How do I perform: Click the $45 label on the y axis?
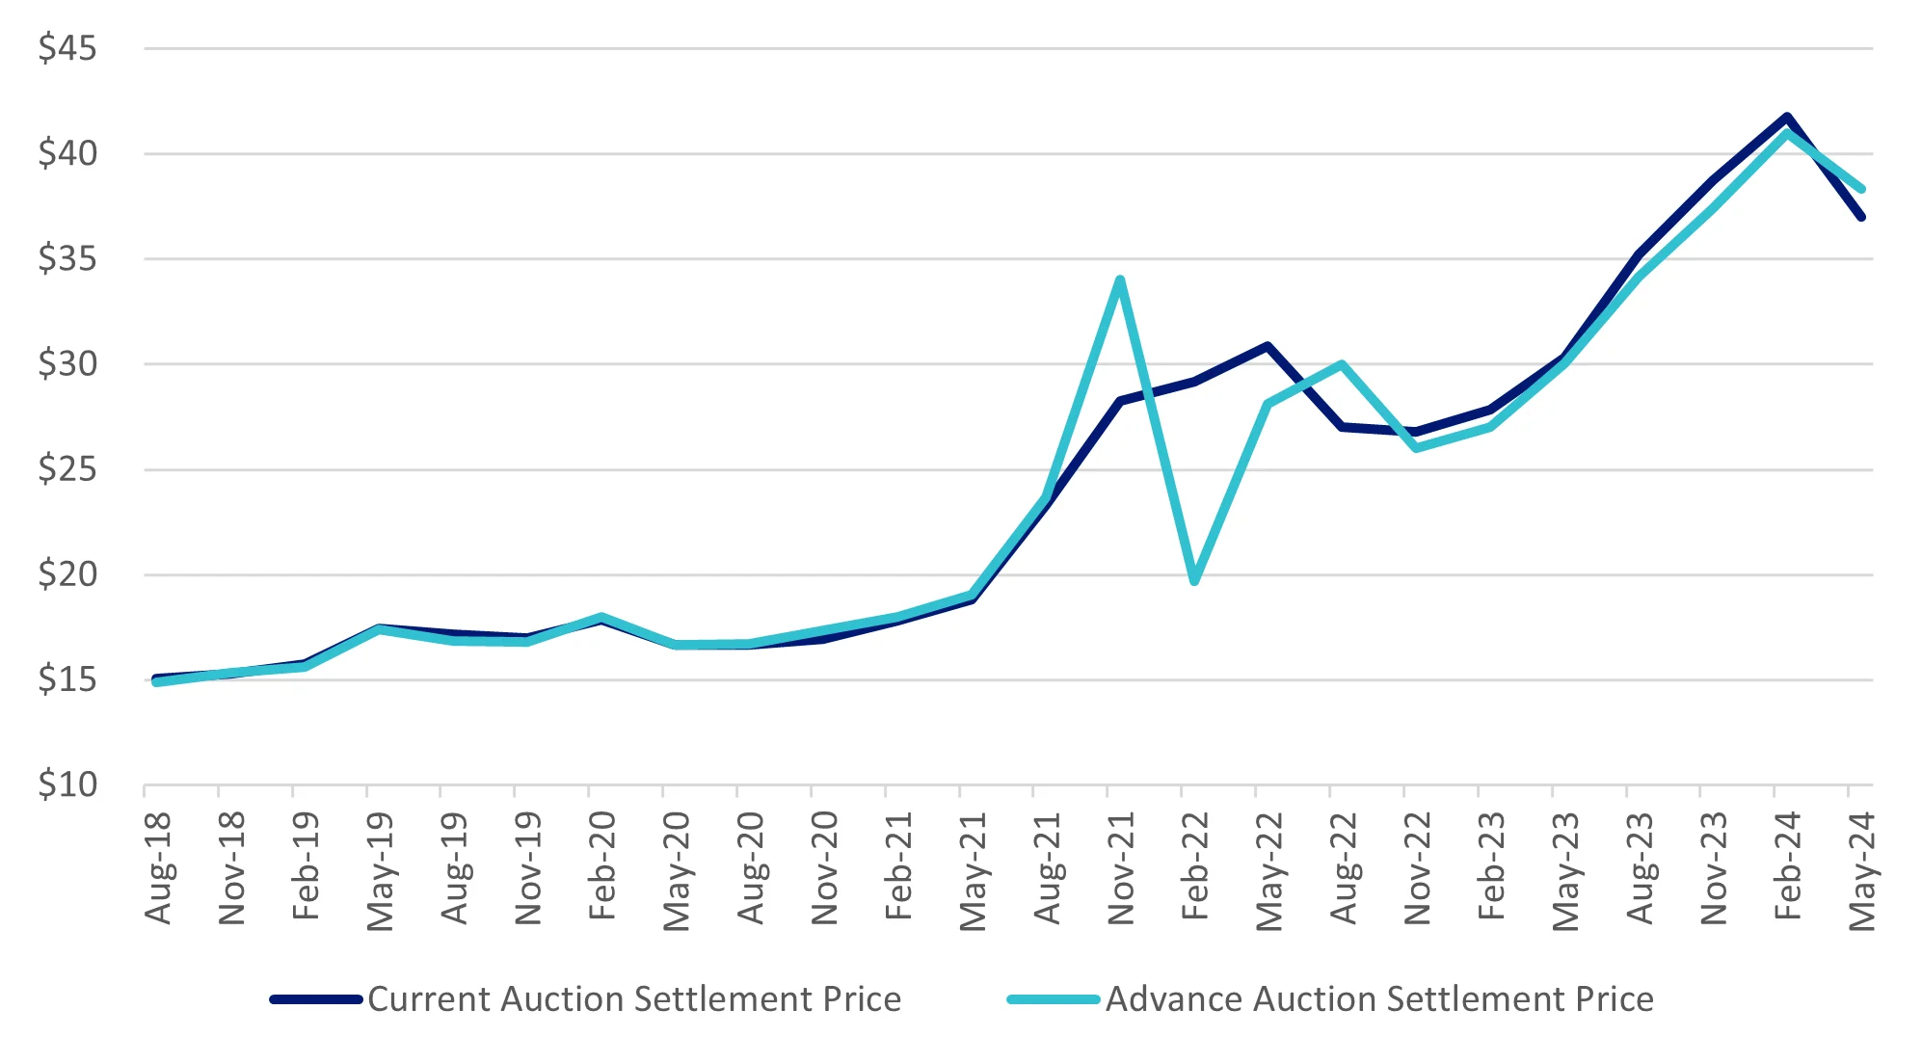tap(67, 48)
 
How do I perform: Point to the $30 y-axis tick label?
tap(67, 364)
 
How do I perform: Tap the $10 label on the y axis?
tap(67, 785)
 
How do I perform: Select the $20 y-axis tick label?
tap(67, 574)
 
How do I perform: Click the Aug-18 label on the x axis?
tap(158, 867)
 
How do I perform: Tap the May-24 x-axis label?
tap(1862, 871)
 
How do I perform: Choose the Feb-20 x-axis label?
tap(602, 865)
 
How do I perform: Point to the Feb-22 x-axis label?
tap(1195, 865)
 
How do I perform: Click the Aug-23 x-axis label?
tap(1640, 867)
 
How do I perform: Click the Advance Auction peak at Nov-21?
tap(1120, 280)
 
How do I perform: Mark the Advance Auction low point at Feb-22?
tap(1194, 581)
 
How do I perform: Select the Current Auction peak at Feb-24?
tap(1787, 118)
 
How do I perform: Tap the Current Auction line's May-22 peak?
tap(1268, 346)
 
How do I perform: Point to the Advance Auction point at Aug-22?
tap(1342, 364)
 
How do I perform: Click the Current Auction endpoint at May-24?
tap(1861, 217)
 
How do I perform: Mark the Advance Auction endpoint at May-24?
tap(1861, 189)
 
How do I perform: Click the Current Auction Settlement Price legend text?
tap(634, 999)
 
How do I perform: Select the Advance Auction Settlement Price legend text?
tap(1379, 999)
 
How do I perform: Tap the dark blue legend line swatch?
tap(316, 999)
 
